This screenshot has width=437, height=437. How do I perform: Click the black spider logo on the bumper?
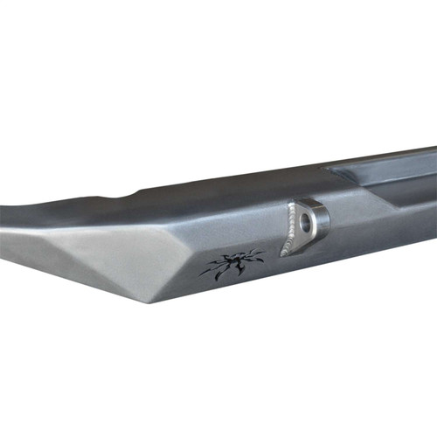(x=232, y=265)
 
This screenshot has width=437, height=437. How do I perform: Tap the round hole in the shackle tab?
(x=306, y=222)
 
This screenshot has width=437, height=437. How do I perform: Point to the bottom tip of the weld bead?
(x=282, y=254)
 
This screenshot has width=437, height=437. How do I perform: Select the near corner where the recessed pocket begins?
(x=327, y=170)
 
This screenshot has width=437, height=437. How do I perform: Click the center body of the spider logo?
(x=232, y=265)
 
